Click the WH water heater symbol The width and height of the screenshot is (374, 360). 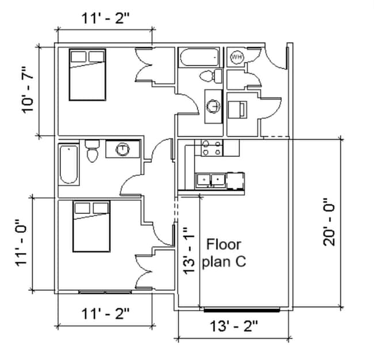[236, 58]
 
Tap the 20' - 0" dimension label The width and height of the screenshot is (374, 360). [329, 222]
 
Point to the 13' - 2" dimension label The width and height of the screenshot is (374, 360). [233, 327]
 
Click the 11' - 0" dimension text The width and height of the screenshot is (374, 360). [22, 243]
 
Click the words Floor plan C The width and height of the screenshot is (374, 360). [224, 252]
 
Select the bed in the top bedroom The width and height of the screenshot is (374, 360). [88, 74]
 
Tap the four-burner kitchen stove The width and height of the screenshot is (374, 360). [211, 148]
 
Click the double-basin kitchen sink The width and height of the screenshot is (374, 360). [210, 181]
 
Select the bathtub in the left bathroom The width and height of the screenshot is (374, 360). [68, 164]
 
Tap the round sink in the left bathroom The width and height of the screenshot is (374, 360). [123, 150]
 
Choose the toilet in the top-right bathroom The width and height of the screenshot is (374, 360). [211, 76]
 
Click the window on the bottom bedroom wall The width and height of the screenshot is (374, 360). [100, 293]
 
